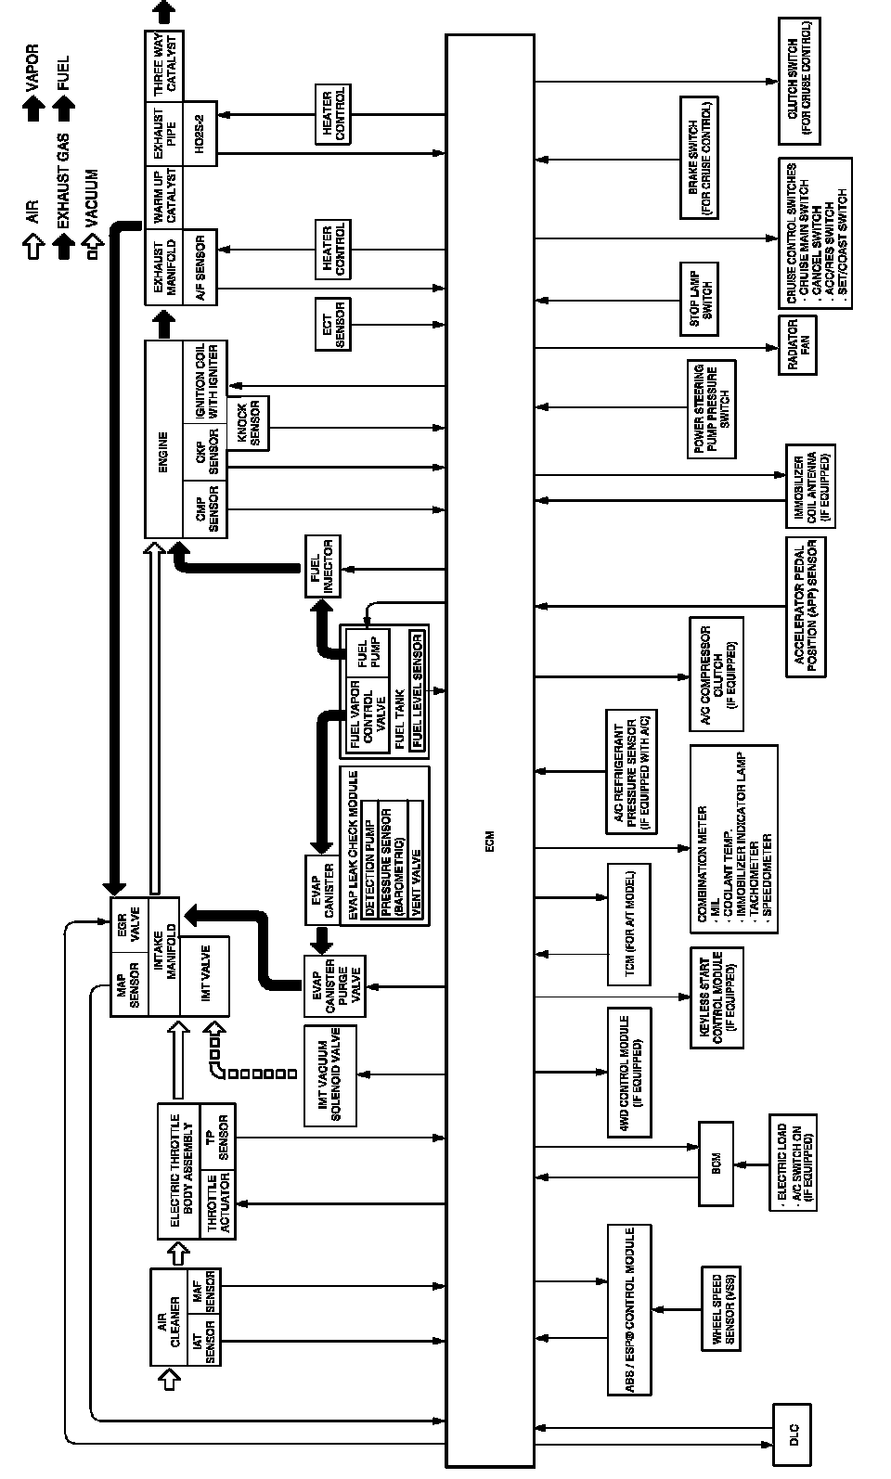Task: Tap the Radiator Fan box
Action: coord(797,345)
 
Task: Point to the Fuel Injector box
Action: coord(322,566)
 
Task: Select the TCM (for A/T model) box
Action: coord(628,924)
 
